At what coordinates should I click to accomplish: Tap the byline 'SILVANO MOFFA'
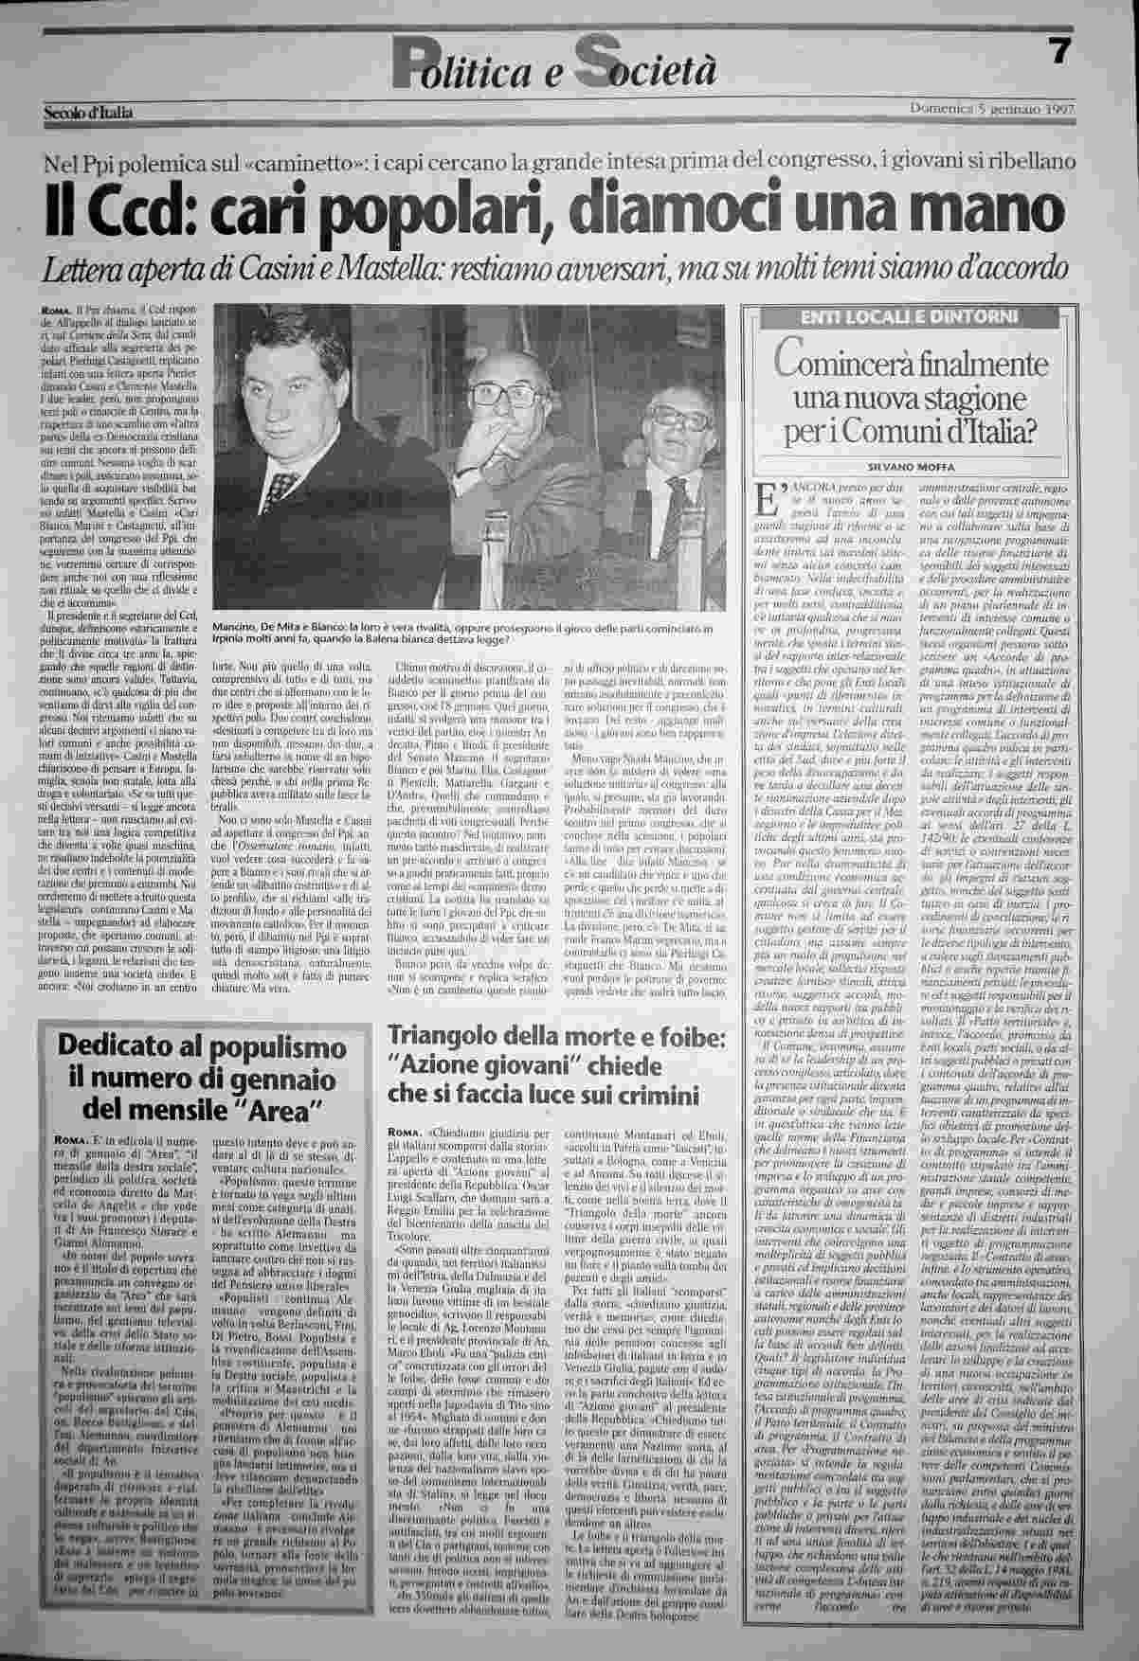point(910,467)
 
